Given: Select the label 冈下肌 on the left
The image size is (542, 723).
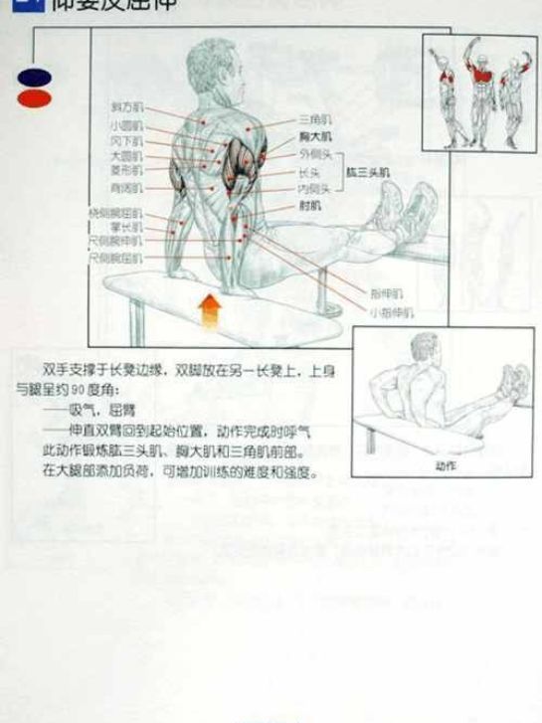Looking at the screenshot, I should (126, 140).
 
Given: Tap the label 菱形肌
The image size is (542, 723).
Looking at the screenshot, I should (126, 171).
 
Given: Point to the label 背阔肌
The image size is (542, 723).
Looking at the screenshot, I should (126, 186).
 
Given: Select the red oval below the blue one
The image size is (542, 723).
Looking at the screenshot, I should (33, 96).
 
